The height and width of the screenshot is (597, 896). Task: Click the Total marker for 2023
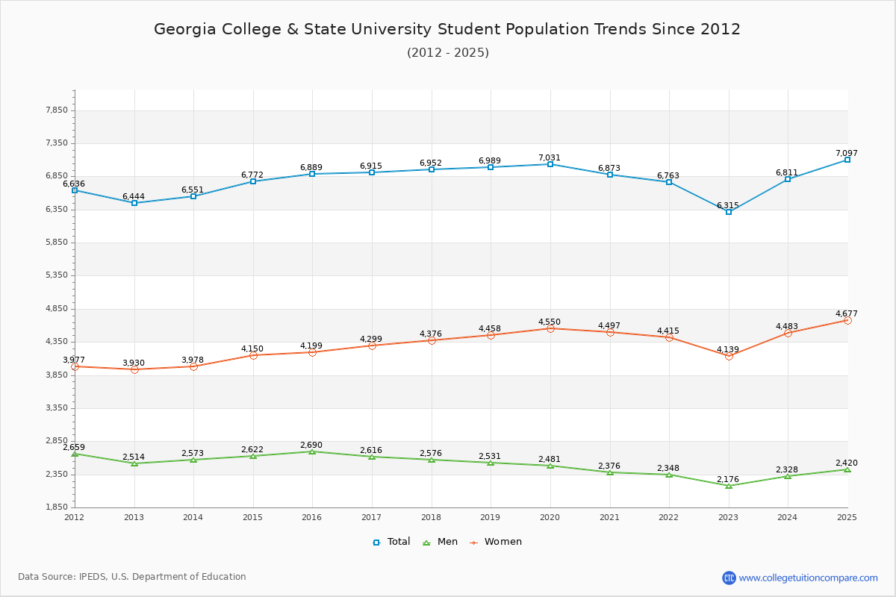click(x=729, y=212)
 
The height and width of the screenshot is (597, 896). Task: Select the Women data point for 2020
click(x=550, y=328)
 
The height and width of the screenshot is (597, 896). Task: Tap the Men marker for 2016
click(x=312, y=451)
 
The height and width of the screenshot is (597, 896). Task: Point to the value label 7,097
click(x=847, y=153)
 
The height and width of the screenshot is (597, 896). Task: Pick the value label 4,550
click(x=550, y=322)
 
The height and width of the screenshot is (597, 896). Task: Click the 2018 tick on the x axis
click(x=431, y=516)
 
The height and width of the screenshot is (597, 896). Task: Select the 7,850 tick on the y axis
click(x=57, y=110)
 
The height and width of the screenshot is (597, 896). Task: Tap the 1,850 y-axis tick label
click(x=57, y=507)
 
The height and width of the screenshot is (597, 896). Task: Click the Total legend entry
click(x=392, y=542)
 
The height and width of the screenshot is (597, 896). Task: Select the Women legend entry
click(x=496, y=542)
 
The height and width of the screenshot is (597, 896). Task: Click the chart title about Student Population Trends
click(x=447, y=29)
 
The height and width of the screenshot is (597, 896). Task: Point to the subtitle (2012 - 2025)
click(x=448, y=52)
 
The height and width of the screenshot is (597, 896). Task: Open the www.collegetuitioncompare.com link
click(x=808, y=578)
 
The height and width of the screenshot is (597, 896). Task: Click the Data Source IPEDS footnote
click(x=132, y=577)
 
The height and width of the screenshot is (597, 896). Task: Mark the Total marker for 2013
click(x=134, y=203)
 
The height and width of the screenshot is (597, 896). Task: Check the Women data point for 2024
click(x=788, y=333)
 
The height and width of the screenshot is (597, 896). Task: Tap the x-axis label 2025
click(x=847, y=516)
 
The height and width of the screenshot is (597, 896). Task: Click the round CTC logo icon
click(x=729, y=578)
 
